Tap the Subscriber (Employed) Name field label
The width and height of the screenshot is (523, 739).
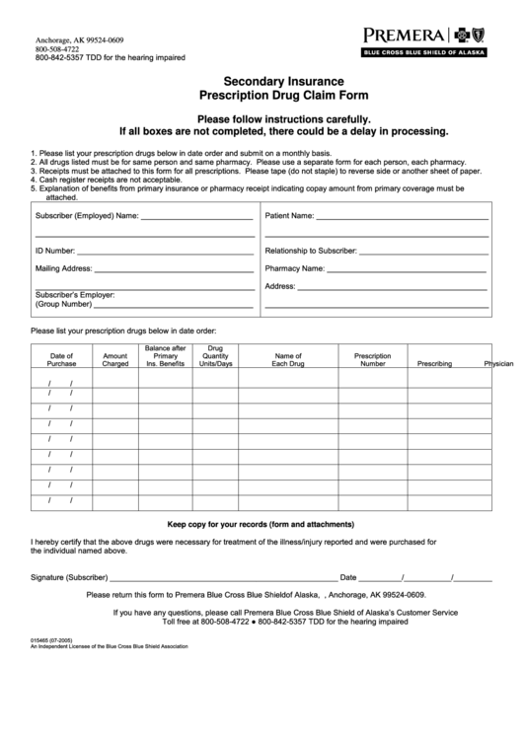(x=86, y=214)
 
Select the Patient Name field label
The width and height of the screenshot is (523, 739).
(x=290, y=214)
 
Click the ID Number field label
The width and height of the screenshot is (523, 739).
(x=55, y=251)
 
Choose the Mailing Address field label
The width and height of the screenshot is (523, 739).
(x=64, y=268)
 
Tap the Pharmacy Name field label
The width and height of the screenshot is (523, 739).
(x=295, y=268)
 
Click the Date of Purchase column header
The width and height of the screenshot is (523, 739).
(x=61, y=360)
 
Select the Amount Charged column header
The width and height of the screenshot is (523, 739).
(x=115, y=360)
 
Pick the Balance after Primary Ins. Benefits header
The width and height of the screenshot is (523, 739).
(x=166, y=356)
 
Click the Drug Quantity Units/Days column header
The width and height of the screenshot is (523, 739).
(x=216, y=356)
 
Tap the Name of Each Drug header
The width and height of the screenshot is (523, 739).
(x=288, y=360)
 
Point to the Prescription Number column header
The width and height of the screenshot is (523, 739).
(x=373, y=360)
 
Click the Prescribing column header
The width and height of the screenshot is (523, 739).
(x=434, y=364)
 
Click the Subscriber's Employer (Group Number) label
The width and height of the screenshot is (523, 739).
(x=76, y=300)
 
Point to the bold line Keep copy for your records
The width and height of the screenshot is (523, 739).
(x=261, y=524)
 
